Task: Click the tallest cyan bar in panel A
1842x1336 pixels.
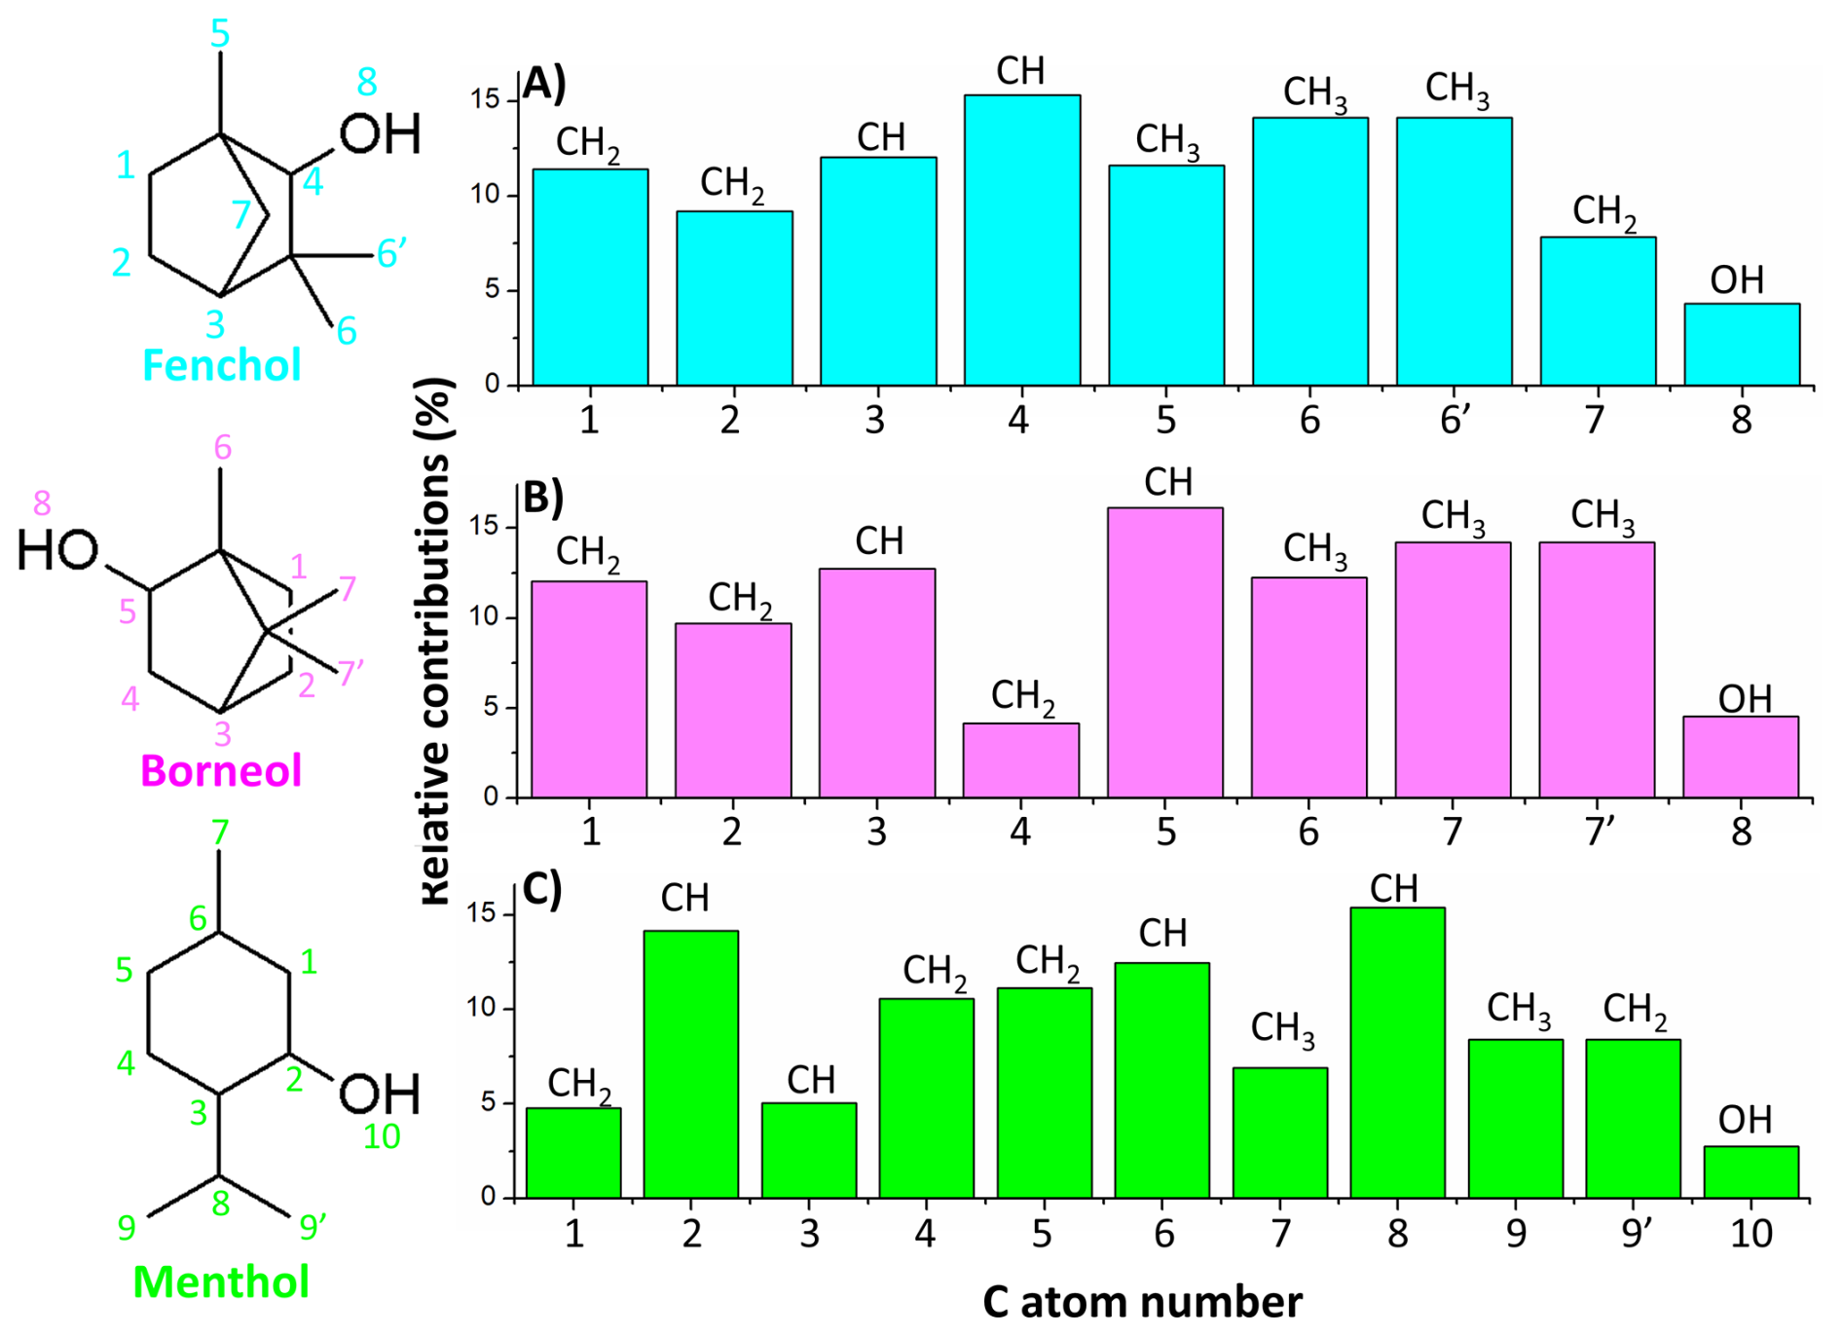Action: tap(1021, 240)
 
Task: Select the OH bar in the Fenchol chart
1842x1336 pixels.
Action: tap(1742, 345)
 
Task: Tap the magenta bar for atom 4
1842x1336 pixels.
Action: tap(1021, 761)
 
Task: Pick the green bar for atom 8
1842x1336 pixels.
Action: tap(1397, 1053)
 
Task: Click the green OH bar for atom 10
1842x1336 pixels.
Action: tap(1750, 1172)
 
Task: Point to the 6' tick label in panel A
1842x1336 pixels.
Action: tap(1455, 420)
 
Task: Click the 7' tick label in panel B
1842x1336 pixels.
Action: tap(1600, 832)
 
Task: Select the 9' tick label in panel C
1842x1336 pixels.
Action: tap(1637, 1233)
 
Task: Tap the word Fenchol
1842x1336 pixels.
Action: tap(222, 365)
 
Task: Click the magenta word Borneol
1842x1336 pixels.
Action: tap(221, 771)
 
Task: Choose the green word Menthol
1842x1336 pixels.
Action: tap(221, 1281)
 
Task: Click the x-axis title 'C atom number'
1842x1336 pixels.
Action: tap(1142, 1303)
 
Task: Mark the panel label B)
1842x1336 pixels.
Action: tap(543, 497)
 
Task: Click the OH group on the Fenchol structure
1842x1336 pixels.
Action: tap(381, 133)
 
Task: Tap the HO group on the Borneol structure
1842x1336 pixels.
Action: tap(58, 550)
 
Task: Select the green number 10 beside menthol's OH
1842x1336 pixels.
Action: tap(382, 1136)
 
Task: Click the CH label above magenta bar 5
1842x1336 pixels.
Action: tap(1168, 482)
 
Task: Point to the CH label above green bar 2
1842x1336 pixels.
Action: tap(684, 898)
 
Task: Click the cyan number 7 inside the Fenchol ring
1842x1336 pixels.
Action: tap(241, 214)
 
